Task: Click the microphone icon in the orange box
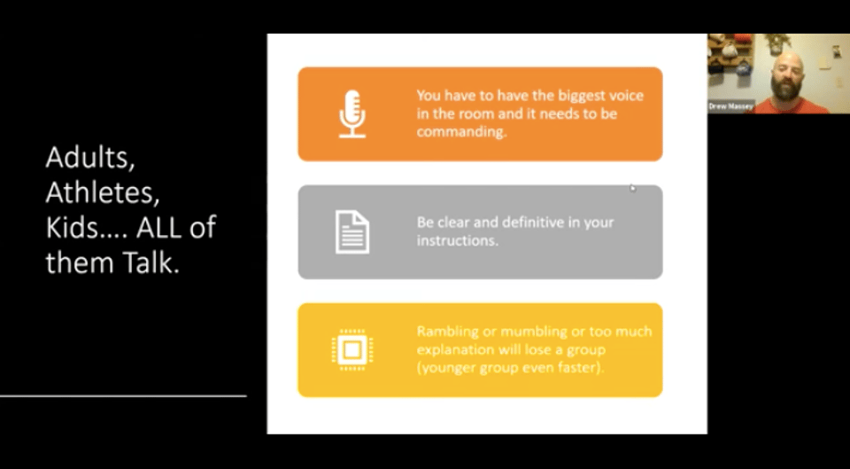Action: pyautogui.click(x=352, y=114)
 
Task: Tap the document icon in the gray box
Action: pyautogui.click(x=352, y=232)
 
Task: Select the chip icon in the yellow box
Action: pyautogui.click(x=352, y=350)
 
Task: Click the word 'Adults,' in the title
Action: pyautogui.click(x=90, y=159)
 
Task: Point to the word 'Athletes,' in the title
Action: pyautogui.click(x=103, y=192)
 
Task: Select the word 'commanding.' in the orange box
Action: pyautogui.click(x=462, y=132)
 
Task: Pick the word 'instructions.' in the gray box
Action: pyautogui.click(x=458, y=240)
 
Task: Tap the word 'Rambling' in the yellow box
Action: pyautogui.click(x=440, y=332)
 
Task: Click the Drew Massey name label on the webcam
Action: pyautogui.click(x=730, y=107)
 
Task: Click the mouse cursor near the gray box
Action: pyautogui.click(x=632, y=188)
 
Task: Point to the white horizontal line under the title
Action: pyautogui.click(x=123, y=396)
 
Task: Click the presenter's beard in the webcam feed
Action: pyautogui.click(x=787, y=89)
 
